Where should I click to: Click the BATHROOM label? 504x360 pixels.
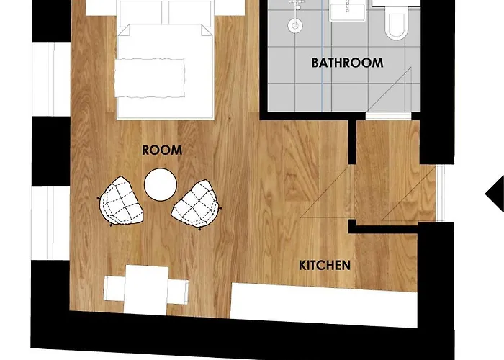coord(347,63)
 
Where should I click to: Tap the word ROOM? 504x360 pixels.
coord(162,150)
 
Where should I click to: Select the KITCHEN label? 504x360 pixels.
coord(325,265)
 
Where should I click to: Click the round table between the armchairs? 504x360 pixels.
coord(160,184)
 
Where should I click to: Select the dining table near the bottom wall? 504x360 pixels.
coord(146,289)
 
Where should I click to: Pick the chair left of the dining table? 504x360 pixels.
coord(114,288)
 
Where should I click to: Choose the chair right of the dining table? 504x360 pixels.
coord(178,288)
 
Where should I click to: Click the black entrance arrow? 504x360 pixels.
coord(495,193)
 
